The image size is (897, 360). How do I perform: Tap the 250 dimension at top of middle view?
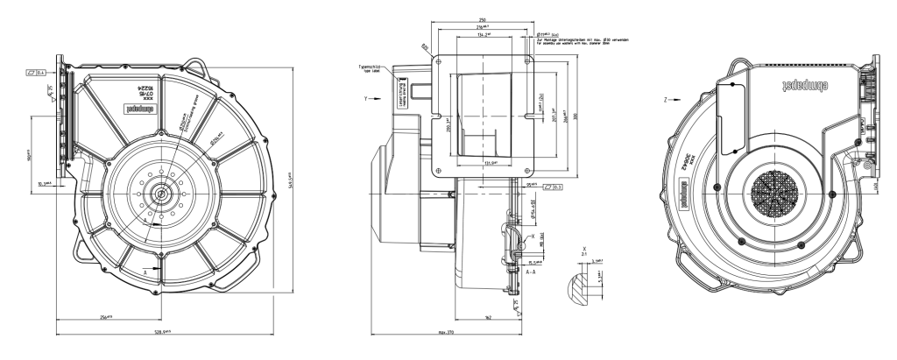[483, 19]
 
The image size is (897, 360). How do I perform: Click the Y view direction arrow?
[374, 99]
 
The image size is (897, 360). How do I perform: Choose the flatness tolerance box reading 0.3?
[554, 186]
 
